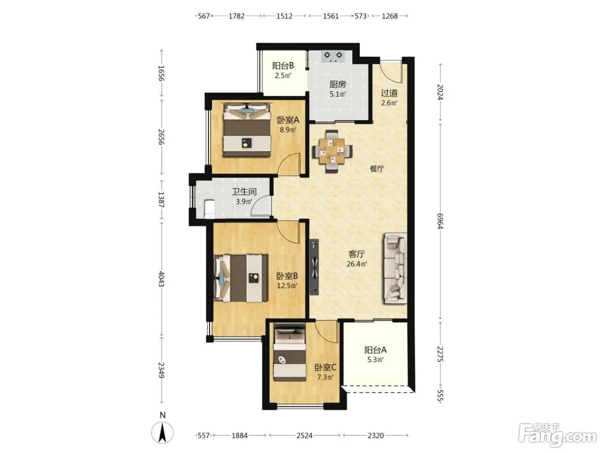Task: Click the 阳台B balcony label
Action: click(283, 66)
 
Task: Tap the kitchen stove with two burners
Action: click(333, 56)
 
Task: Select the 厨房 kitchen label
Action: click(338, 84)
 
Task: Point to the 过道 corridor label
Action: click(389, 93)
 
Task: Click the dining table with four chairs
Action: click(332, 151)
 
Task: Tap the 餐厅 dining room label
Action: click(377, 169)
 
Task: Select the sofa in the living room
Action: click(396, 268)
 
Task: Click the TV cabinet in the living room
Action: click(314, 267)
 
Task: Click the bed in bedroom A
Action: click(246, 130)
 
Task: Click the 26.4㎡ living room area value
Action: click(357, 264)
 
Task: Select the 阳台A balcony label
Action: click(375, 350)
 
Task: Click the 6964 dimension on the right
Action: click(440, 221)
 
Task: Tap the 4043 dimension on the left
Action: click(161, 279)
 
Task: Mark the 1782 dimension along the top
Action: click(237, 16)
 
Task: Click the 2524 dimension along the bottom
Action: click(304, 435)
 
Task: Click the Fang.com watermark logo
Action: click(557, 434)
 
